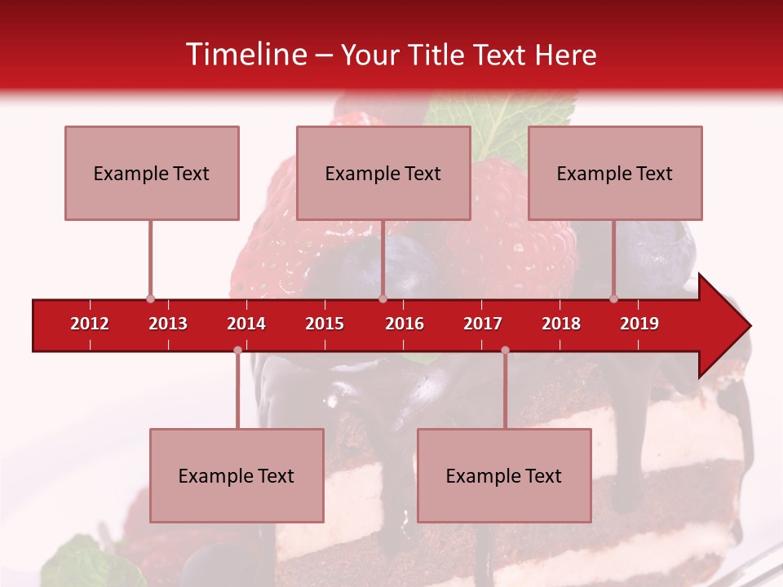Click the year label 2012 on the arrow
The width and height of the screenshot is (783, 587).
(x=90, y=324)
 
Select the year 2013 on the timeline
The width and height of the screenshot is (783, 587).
(x=168, y=324)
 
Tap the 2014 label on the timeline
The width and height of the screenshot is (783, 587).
(x=246, y=324)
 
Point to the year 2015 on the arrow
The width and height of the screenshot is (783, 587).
(x=325, y=324)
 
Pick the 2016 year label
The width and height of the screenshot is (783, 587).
(x=405, y=324)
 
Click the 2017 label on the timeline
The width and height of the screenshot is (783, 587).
(x=483, y=324)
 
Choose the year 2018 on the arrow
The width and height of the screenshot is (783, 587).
(x=561, y=324)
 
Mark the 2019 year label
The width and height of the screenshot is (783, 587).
(x=639, y=324)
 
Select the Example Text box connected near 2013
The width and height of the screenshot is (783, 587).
(x=152, y=173)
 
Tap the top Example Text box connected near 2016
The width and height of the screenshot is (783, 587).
(x=383, y=173)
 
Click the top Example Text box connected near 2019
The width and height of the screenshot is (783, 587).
(x=615, y=173)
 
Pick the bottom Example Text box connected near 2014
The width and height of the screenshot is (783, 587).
(x=237, y=475)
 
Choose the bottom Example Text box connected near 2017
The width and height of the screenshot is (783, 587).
(x=504, y=475)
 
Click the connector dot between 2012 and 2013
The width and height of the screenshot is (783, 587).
(x=150, y=299)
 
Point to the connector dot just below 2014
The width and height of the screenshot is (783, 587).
(x=237, y=351)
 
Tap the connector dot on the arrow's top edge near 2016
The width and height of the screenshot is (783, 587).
(x=383, y=299)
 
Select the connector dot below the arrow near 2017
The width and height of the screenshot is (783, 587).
(x=505, y=351)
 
